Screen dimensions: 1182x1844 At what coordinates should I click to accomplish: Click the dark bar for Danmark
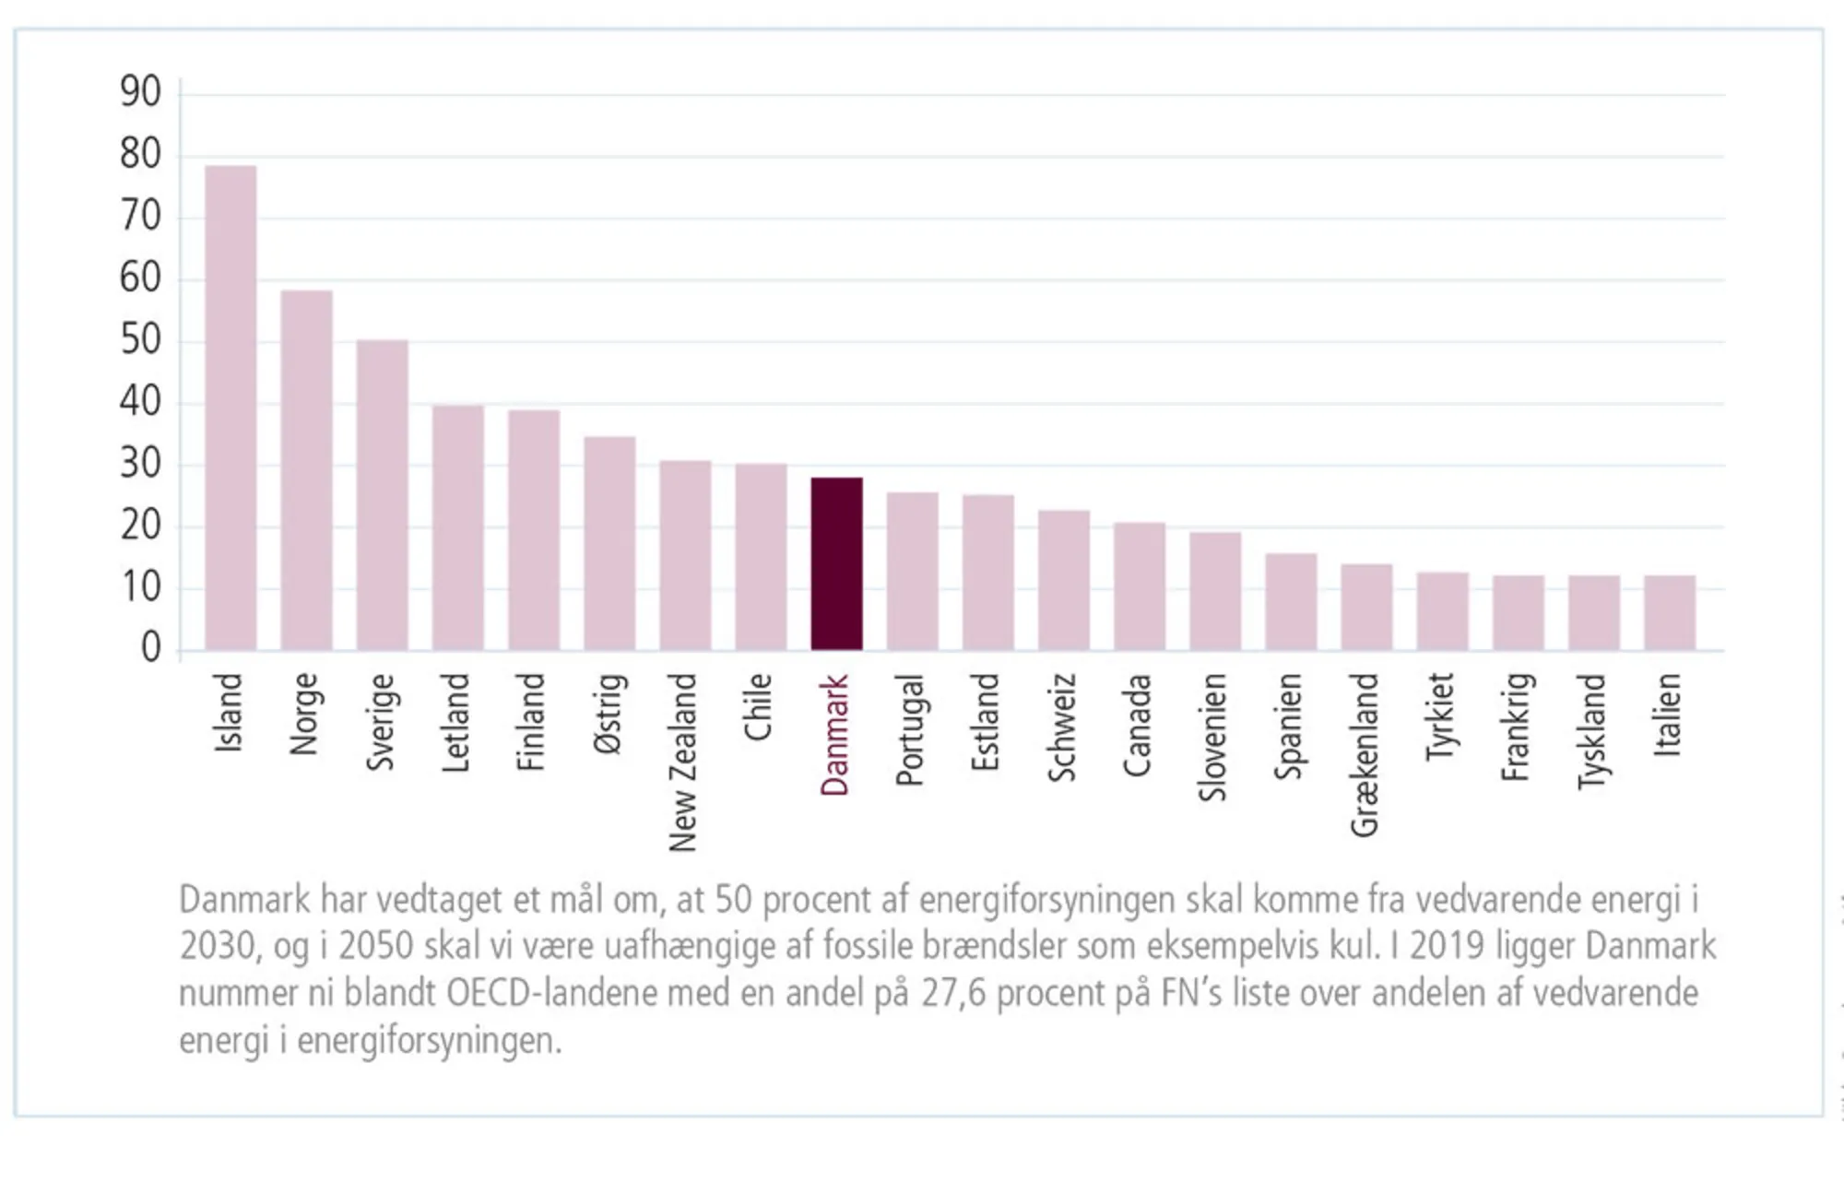[836, 563]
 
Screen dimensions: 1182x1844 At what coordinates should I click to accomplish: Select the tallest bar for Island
[230, 408]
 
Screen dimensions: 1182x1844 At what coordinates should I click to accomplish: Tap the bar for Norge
[306, 470]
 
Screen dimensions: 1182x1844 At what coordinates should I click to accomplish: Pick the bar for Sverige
[382, 495]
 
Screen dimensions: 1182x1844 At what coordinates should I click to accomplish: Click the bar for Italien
[1669, 613]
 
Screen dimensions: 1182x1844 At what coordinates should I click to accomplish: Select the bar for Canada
[1139, 586]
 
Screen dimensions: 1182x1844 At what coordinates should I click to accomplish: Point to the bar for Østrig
[609, 543]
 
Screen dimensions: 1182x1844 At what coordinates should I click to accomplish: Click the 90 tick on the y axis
[140, 92]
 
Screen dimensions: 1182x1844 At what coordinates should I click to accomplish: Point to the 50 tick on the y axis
[140, 340]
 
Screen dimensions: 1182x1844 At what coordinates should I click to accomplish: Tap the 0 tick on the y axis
[150, 648]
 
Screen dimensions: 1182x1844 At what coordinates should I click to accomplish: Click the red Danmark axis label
[834, 735]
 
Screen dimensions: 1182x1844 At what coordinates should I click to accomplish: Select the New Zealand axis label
[682, 762]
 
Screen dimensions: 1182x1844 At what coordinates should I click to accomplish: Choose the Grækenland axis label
[1365, 754]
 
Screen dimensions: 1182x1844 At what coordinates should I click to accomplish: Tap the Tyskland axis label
[1592, 731]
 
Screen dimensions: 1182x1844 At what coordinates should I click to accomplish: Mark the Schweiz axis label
[1062, 727]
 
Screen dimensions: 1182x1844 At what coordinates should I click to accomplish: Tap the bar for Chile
[761, 557]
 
